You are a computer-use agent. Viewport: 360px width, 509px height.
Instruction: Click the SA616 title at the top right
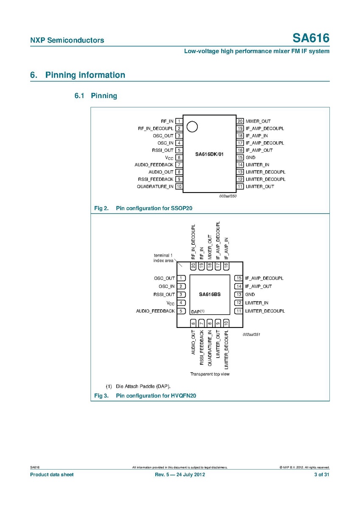click(311, 39)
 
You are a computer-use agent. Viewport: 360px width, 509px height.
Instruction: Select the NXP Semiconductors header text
click(67, 41)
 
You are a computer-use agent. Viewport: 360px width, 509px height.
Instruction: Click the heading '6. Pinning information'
click(78, 75)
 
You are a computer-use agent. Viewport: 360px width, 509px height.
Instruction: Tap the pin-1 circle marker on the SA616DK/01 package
click(192, 126)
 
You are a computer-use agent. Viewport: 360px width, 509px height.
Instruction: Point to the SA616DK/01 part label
click(209, 154)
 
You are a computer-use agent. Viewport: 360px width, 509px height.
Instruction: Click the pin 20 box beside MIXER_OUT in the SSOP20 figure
click(240, 121)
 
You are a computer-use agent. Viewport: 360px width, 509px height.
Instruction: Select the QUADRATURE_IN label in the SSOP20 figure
click(155, 187)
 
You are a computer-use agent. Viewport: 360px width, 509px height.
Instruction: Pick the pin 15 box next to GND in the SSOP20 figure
click(240, 157)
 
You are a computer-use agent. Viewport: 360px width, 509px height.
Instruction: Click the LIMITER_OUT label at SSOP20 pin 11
click(260, 187)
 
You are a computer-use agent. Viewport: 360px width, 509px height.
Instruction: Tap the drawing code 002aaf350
click(228, 196)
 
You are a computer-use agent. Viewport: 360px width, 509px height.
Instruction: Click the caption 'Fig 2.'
click(101, 208)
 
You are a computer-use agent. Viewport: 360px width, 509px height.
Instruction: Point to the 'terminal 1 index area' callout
click(163, 258)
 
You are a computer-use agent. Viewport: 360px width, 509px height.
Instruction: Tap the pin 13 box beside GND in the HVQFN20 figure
click(239, 294)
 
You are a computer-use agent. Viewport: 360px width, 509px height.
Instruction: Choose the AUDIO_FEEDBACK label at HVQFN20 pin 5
click(155, 311)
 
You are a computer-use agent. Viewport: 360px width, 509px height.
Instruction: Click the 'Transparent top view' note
click(210, 374)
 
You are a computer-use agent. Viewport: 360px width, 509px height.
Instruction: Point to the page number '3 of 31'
click(321, 474)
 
